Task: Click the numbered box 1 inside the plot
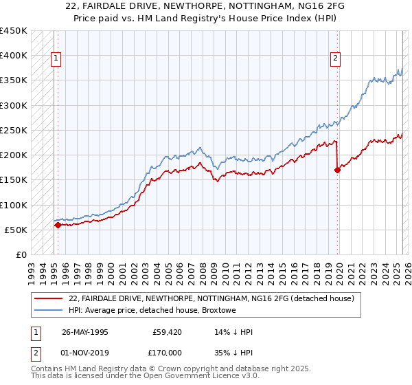tap(55, 58)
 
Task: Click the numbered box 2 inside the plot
tap(336, 58)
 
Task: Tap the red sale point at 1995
tap(58, 225)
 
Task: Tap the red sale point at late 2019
tap(337, 170)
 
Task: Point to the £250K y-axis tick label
tap(14, 130)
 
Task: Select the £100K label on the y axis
tap(14, 205)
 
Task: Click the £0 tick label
tap(21, 254)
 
